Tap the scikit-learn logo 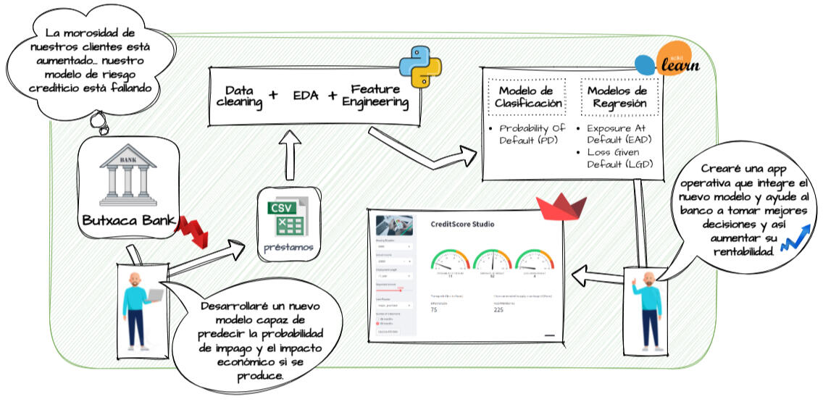(668, 63)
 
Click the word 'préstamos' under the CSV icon (290, 248)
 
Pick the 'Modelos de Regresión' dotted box (618, 97)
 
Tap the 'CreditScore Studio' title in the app (462, 225)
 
